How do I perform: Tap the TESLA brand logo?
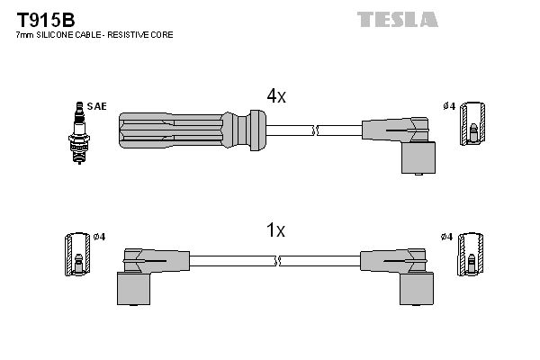point(397,19)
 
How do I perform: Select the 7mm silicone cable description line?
point(94,34)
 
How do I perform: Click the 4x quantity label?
point(275,96)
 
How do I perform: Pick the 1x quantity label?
point(275,231)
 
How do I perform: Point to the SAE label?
point(97,106)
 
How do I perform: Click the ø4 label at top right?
point(448,106)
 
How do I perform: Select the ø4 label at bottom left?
point(99,237)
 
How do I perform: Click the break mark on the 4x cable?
point(314,130)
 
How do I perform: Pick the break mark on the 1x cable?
point(279,261)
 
